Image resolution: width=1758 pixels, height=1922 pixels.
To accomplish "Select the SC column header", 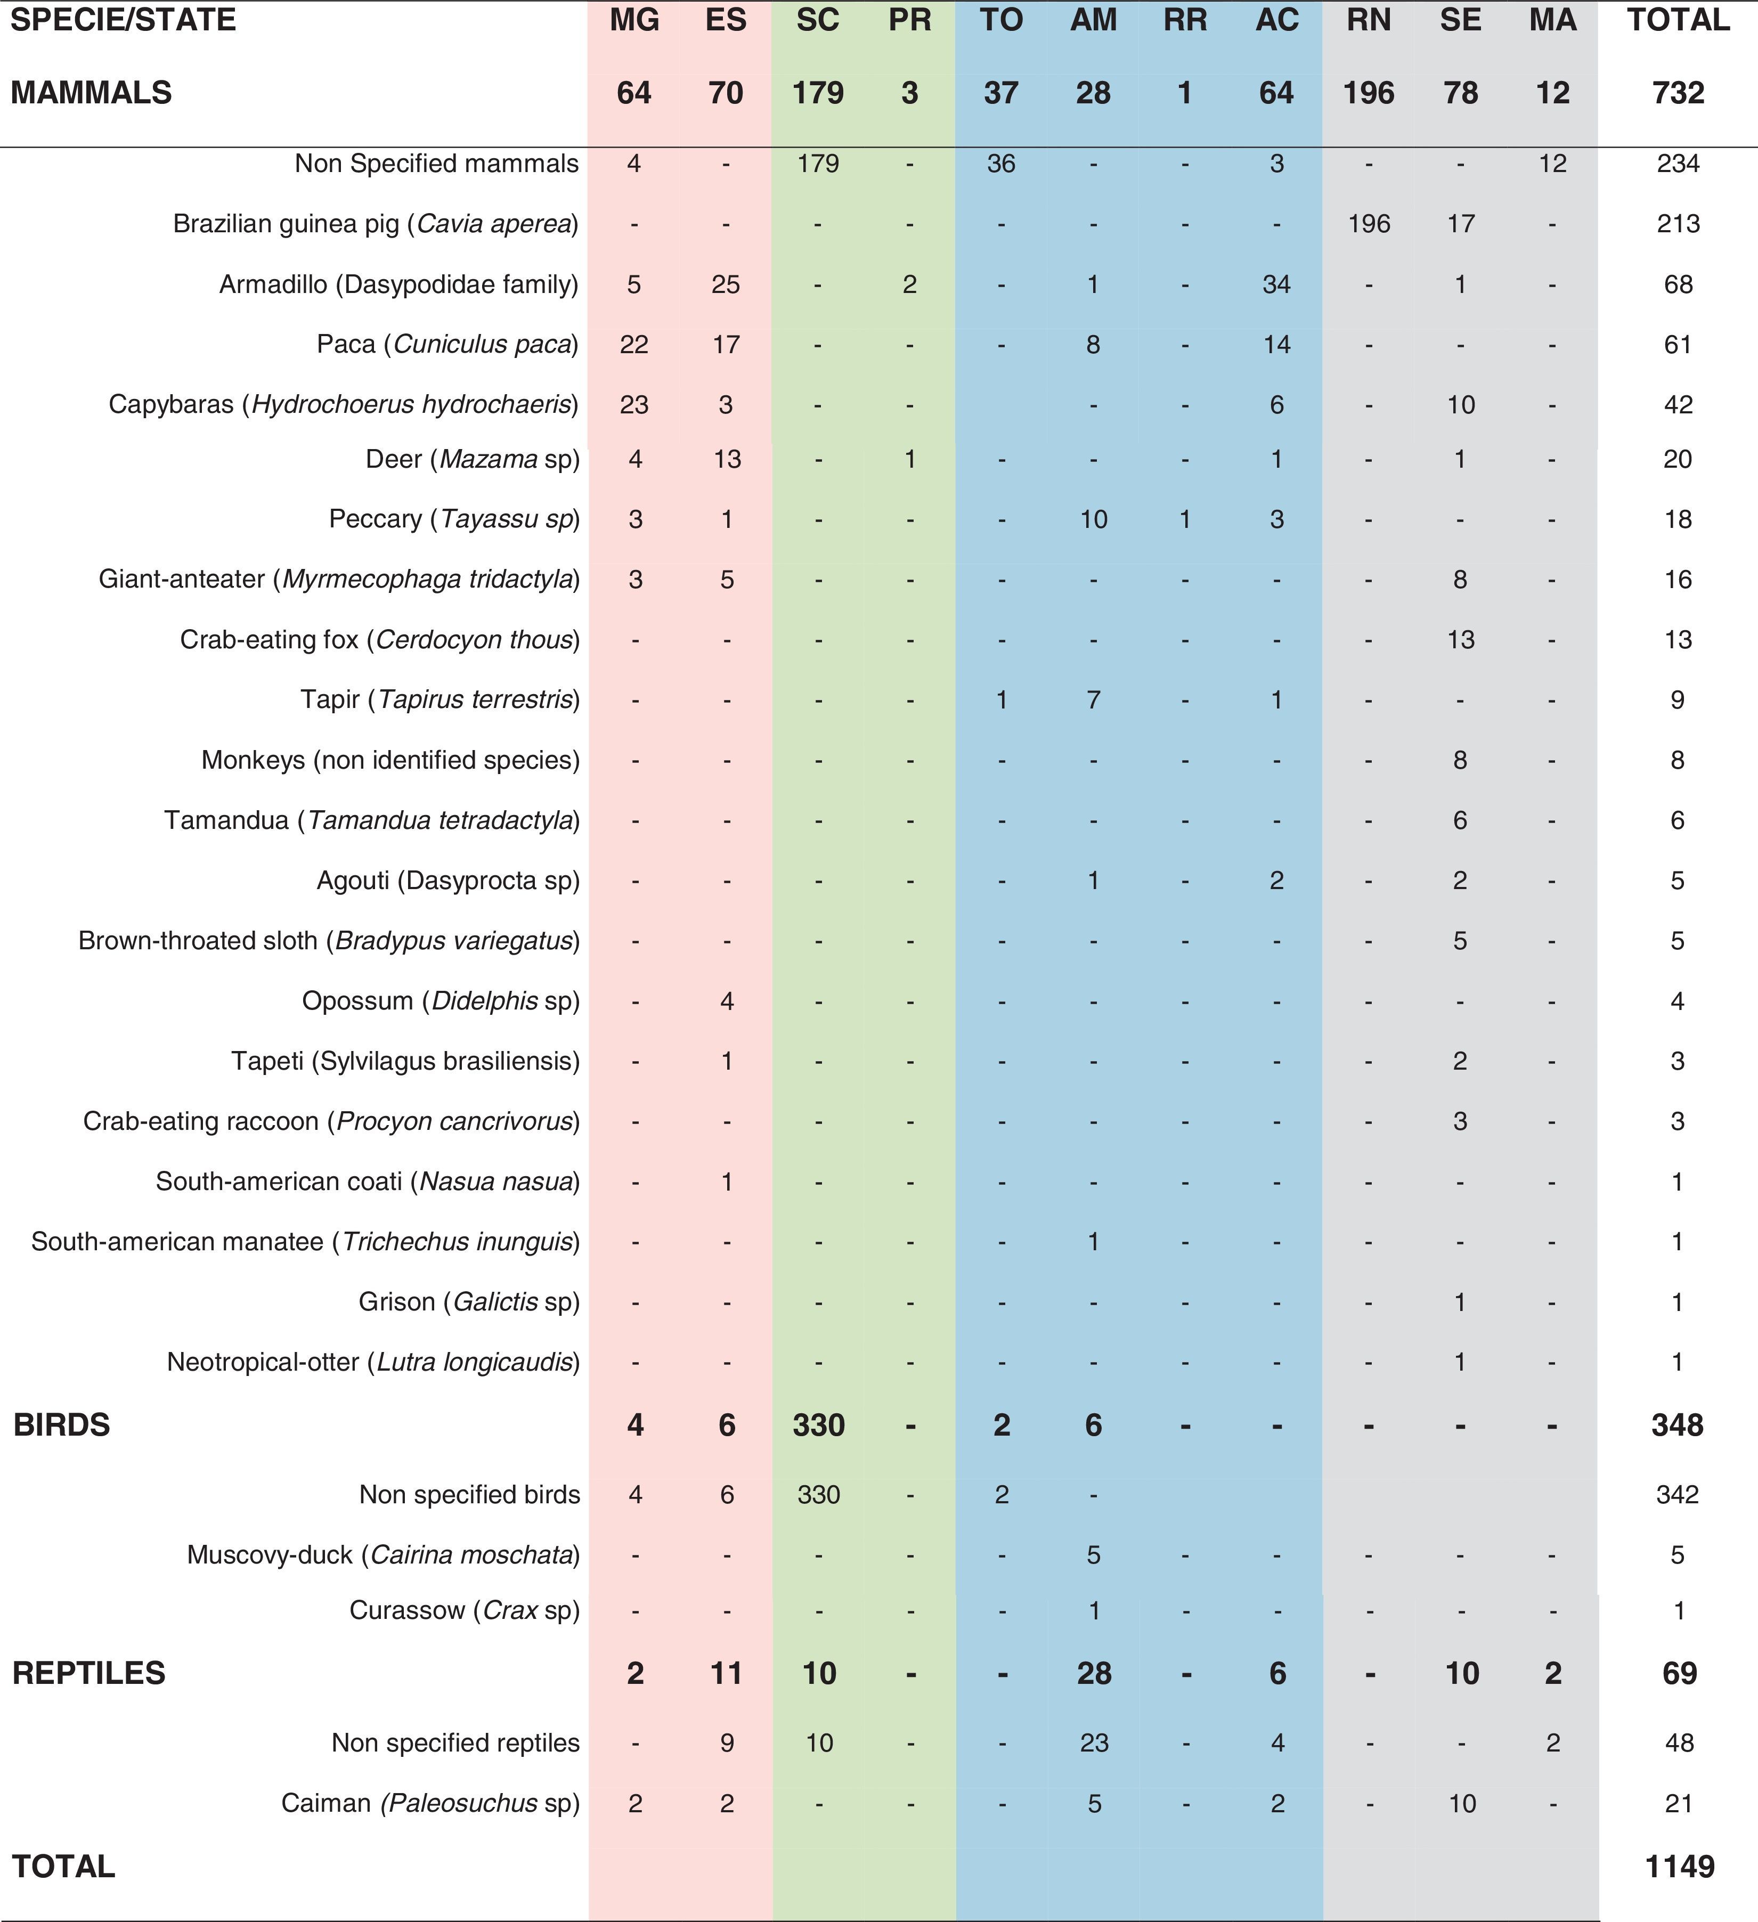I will click(x=818, y=20).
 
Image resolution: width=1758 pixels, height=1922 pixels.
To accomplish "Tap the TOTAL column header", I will click(x=1678, y=20).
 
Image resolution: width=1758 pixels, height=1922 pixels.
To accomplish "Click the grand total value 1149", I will click(x=1679, y=1866).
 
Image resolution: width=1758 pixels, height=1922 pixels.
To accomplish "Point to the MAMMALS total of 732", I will click(x=1678, y=93).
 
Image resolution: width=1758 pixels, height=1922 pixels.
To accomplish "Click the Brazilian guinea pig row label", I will click(x=376, y=224).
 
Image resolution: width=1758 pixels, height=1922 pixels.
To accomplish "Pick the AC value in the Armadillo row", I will click(x=1276, y=284).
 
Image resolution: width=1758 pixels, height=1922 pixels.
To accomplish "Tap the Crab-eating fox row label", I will click(x=379, y=640).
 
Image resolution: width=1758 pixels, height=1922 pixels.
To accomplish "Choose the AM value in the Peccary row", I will click(x=1094, y=519).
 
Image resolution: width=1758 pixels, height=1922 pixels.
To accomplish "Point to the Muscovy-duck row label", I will click(x=383, y=1555).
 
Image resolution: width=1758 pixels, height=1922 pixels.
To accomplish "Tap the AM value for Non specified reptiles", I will click(x=1094, y=1743).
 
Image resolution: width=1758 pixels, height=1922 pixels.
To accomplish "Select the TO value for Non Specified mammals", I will click(x=1001, y=164).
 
